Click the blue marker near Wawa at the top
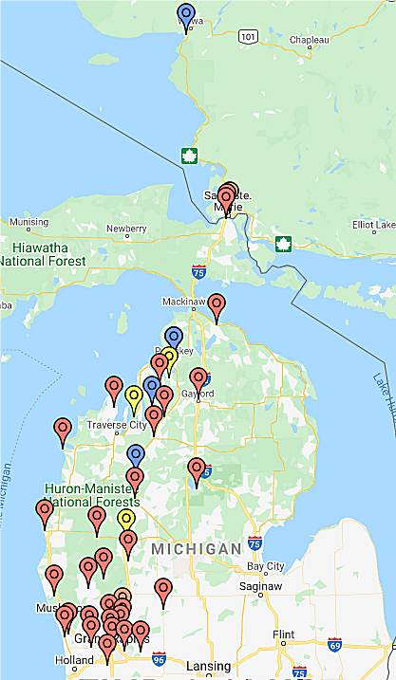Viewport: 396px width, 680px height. click(186, 14)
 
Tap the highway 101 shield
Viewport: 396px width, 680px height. click(248, 36)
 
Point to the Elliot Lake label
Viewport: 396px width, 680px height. click(373, 225)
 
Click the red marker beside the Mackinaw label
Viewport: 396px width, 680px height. click(217, 305)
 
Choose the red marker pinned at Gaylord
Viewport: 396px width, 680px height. click(198, 378)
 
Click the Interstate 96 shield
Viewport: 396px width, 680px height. click(158, 658)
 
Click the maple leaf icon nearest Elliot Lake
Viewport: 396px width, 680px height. click(283, 244)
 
